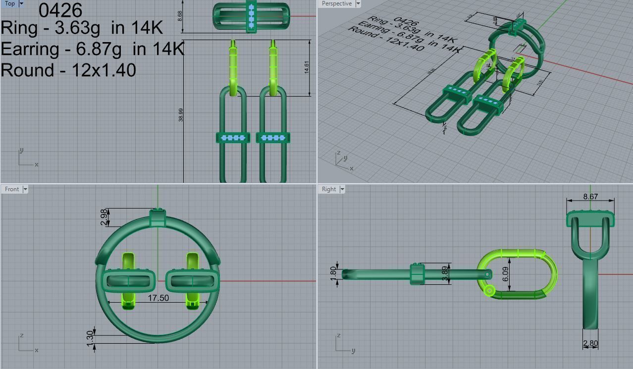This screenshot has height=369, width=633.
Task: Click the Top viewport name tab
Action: (x=9, y=3)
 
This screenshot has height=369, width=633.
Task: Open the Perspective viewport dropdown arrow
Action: (x=358, y=3)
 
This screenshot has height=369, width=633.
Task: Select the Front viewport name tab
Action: (x=12, y=189)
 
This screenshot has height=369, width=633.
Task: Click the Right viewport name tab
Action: (x=328, y=189)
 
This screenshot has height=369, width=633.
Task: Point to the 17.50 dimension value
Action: (x=158, y=298)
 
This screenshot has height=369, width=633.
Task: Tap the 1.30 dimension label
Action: (x=90, y=338)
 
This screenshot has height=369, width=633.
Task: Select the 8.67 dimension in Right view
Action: (x=590, y=197)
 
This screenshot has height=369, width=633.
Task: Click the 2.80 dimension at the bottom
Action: (x=590, y=343)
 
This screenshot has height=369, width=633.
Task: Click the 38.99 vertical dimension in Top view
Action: (x=181, y=115)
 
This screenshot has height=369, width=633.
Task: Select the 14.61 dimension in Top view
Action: (x=307, y=68)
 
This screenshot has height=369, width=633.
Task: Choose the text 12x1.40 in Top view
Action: (x=104, y=70)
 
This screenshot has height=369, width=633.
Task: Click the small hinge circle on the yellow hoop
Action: (x=489, y=291)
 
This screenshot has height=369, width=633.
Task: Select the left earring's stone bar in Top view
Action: (x=233, y=138)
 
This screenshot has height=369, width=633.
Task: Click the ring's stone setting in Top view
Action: (x=251, y=16)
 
